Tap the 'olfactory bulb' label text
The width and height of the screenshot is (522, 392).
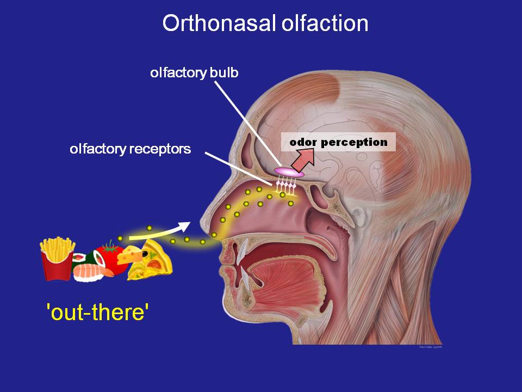point(194,73)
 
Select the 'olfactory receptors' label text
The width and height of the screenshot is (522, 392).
point(130,149)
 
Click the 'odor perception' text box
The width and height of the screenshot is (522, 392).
point(338,143)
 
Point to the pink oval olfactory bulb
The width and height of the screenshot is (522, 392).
point(289,171)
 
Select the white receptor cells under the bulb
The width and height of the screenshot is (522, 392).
point(286,187)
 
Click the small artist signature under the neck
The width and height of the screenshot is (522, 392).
point(430,347)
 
